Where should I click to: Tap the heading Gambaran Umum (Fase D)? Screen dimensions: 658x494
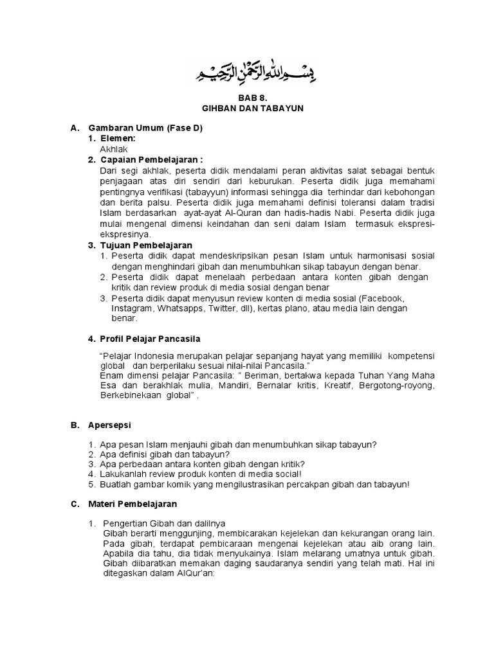point(145,129)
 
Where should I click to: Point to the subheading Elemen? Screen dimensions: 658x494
point(118,139)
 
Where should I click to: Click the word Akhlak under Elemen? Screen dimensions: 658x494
point(114,149)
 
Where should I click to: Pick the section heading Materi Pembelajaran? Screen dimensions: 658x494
point(133,504)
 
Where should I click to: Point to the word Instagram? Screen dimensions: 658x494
point(131,308)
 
